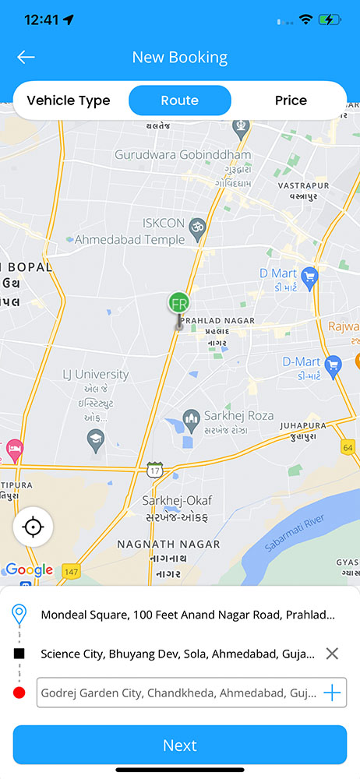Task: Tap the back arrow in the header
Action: click(26, 57)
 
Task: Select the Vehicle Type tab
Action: click(69, 100)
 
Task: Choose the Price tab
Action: click(291, 100)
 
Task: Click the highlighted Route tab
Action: click(180, 100)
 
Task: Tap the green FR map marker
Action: click(179, 303)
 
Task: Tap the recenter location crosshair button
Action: click(33, 527)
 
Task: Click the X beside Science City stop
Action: click(332, 654)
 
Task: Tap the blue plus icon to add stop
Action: click(332, 693)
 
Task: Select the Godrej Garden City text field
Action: click(178, 693)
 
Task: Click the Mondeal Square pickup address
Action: click(188, 615)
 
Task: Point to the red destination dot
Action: click(19, 693)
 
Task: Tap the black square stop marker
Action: click(19, 654)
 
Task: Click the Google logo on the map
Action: click(29, 570)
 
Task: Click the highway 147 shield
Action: click(72, 570)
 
